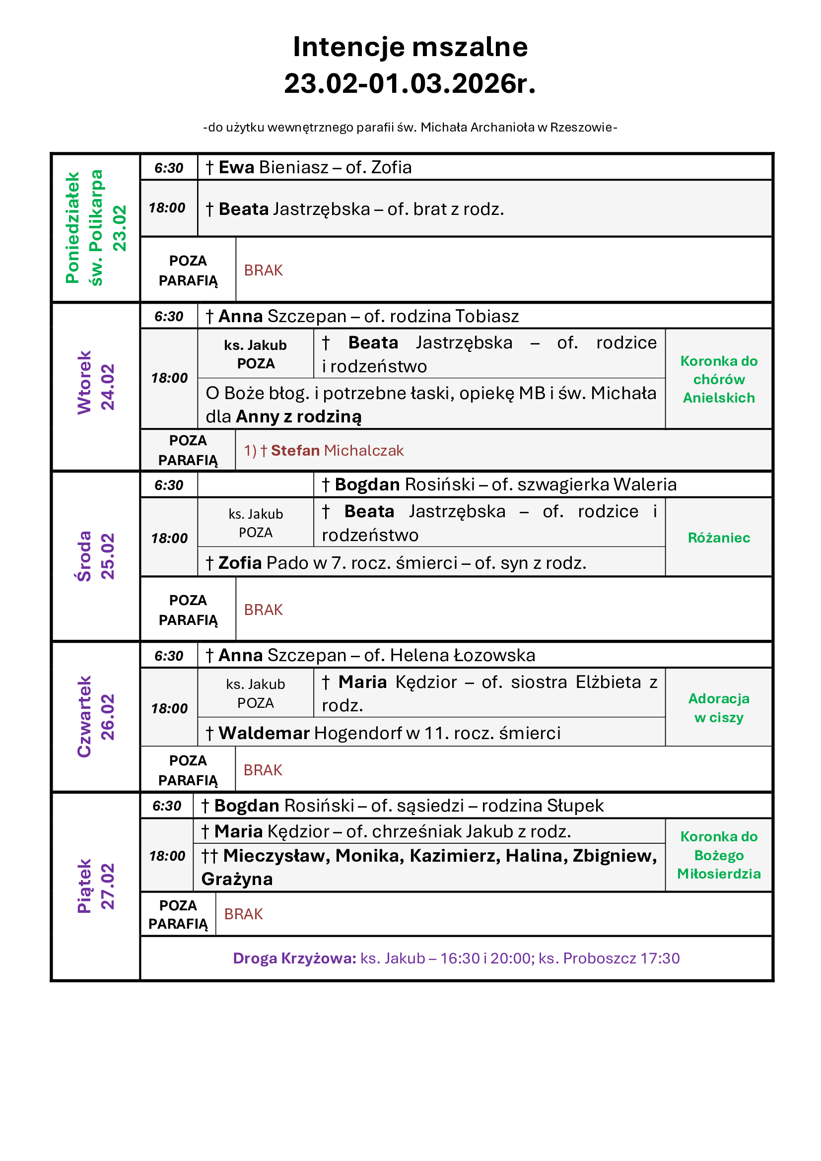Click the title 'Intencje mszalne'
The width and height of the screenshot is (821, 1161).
pos(410,47)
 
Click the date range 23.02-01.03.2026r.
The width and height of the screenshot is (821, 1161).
pos(410,84)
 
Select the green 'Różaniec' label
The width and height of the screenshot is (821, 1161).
pos(718,538)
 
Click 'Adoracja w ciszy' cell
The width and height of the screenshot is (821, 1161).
pos(718,707)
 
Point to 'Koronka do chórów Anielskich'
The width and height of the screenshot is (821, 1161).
pos(718,379)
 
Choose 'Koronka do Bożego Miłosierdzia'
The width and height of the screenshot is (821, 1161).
pos(718,855)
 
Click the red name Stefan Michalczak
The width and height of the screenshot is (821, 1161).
pos(337,451)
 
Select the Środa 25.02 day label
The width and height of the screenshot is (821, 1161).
pos(96,556)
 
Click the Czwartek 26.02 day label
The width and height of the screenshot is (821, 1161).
pos(96,717)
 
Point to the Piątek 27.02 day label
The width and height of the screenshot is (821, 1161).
pos(96,886)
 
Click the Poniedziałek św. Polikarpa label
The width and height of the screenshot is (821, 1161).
pos(96,227)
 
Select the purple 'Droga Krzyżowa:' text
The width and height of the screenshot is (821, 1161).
pos(295,958)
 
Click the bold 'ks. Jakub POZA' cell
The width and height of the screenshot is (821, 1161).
pos(255,354)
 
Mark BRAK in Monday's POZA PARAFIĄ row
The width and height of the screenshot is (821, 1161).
pos(264,271)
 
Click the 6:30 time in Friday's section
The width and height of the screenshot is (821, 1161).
pos(167,806)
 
